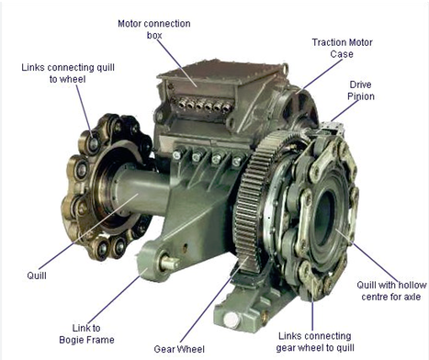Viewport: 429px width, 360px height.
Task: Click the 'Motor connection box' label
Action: (x=153, y=28)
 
